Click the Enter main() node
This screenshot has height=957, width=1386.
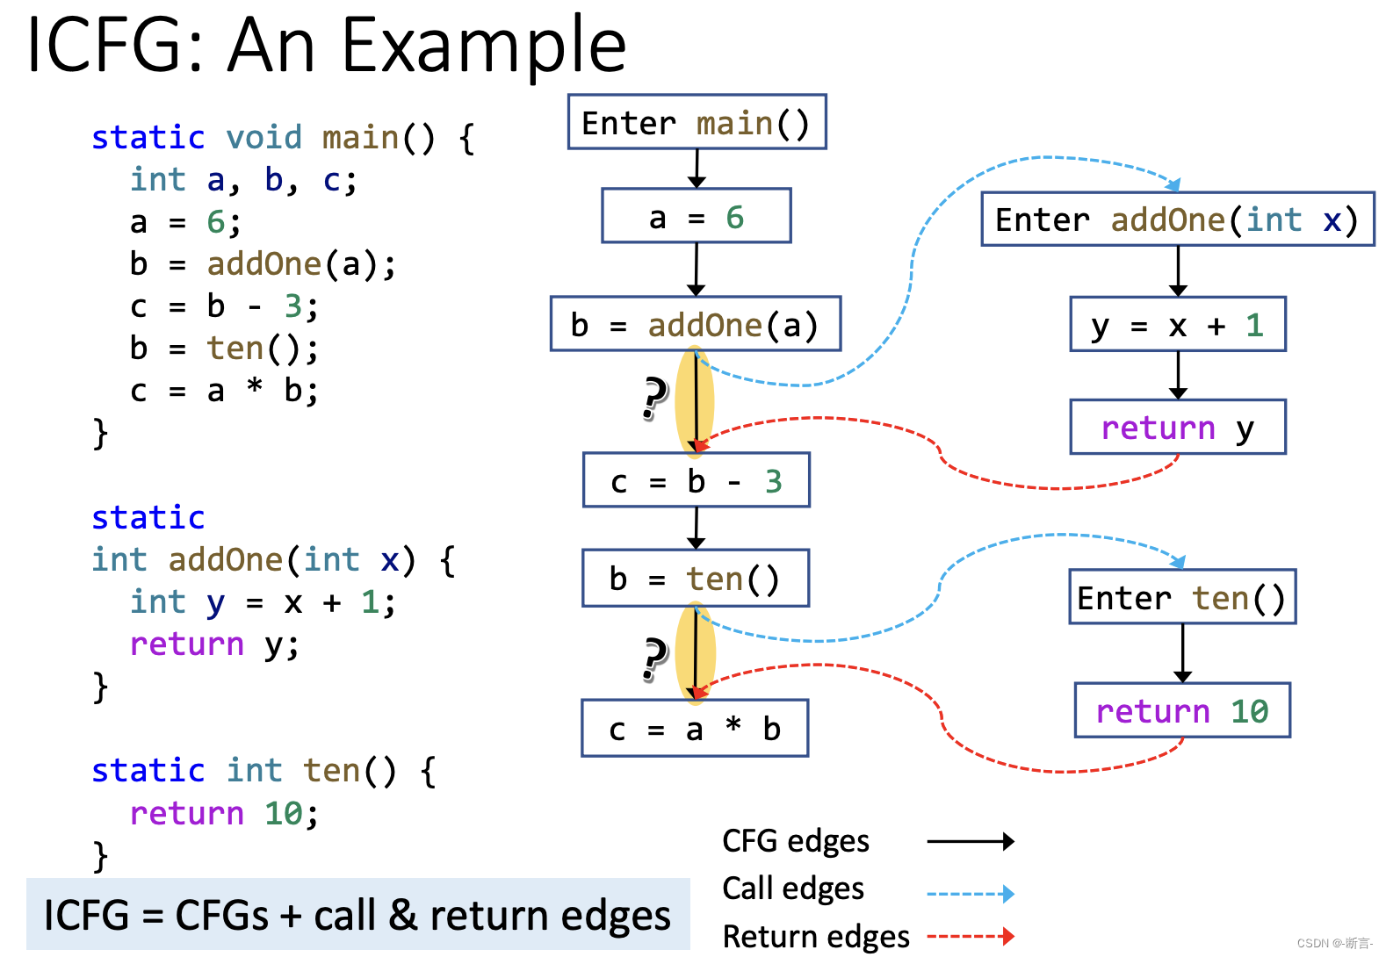tap(697, 122)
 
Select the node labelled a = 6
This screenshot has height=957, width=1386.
tap(696, 216)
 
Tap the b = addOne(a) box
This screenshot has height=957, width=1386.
tap(695, 324)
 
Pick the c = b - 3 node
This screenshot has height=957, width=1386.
tap(696, 480)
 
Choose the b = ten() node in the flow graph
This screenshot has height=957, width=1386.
tap(695, 578)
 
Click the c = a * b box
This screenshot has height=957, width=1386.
tap(695, 728)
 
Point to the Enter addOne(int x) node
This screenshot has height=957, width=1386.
tap(1177, 219)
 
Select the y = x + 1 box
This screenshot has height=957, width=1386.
tap(1177, 324)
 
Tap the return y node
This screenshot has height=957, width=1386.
tap(1177, 427)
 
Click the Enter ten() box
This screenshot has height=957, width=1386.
tap(1181, 597)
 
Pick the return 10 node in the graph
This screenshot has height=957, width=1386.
tap(1181, 710)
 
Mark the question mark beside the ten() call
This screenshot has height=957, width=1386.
tap(654, 658)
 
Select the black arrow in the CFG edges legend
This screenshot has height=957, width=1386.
tap(970, 841)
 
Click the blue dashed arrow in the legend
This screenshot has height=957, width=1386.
tap(970, 894)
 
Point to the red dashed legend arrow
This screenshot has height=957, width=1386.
tap(970, 937)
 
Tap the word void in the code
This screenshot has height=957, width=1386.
tap(263, 137)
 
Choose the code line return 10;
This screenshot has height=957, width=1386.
tap(224, 813)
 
